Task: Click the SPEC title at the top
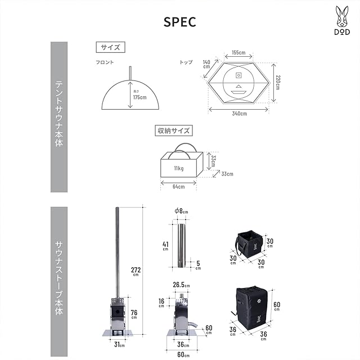coord(180,22)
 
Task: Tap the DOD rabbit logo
coord(342,20)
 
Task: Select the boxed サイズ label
coord(110,47)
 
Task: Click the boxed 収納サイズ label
coord(174,130)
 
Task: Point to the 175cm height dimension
coord(139,97)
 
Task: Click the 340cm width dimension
coord(239,114)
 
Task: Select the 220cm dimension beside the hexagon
coord(278,83)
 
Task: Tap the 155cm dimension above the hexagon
coord(238,52)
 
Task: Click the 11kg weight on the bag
coord(179,168)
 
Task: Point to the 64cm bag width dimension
coord(178,187)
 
